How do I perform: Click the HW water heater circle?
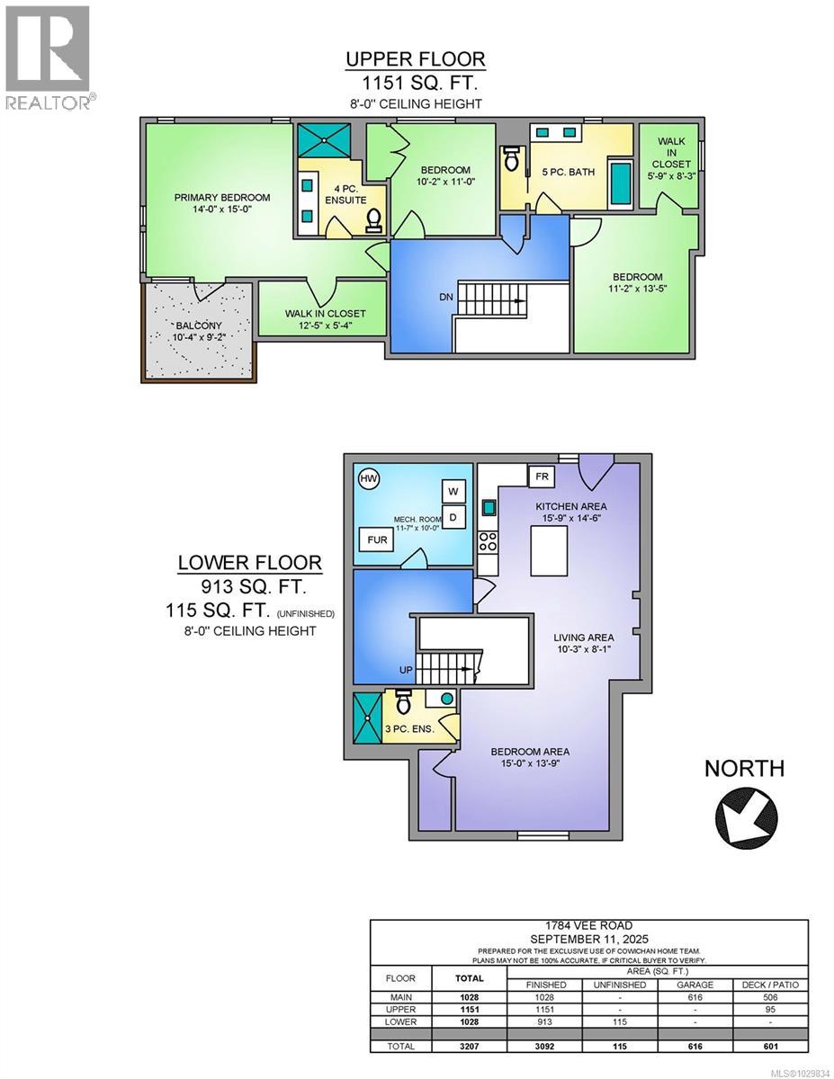click(x=368, y=478)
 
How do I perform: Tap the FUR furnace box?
click(x=372, y=540)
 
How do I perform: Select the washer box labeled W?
click(x=453, y=491)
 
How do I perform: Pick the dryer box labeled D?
click(x=453, y=517)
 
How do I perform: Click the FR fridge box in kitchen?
click(x=542, y=476)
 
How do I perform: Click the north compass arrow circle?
click(x=746, y=815)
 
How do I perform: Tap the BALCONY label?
click(x=198, y=325)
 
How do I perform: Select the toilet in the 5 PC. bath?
click(x=511, y=158)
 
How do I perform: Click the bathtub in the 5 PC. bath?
click(x=620, y=182)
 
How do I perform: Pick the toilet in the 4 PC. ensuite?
click(x=373, y=219)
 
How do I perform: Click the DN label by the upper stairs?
click(x=447, y=297)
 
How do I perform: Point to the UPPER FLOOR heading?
click(x=416, y=59)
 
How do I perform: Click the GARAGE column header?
click(x=695, y=985)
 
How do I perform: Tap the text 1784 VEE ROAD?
click(x=585, y=926)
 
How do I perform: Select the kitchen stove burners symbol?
click(x=489, y=541)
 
